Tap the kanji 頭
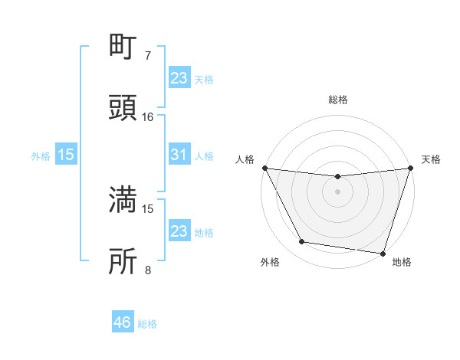pyautogui.click(x=124, y=107)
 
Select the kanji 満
pyautogui.click(x=124, y=200)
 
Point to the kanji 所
pyautogui.click(x=124, y=260)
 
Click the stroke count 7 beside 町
pyautogui.click(x=148, y=56)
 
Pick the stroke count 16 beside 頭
pyautogui.click(x=148, y=117)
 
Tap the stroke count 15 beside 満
pyautogui.click(x=148, y=208)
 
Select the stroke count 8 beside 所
pyautogui.click(x=148, y=270)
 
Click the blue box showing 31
pyautogui.click(x=179, y=155)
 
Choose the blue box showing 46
pyautogui.click(x=123, y=322)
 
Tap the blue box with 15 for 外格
pyautogui.click(x=66, y=155)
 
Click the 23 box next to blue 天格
pyautogui.click(x=179, y=78)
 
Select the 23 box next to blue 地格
pyautogui.click(x=179, y=231)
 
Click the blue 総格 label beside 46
pyautogui.click(x=147, y=324)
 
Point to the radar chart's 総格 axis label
pyautogui.click(x=337, y=100)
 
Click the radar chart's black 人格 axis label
pyautogui.click(x=245, y=160)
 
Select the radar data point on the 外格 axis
pyautogui.click(x=302, y=242)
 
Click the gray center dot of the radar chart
pyautogui.click(x=337, y=191)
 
